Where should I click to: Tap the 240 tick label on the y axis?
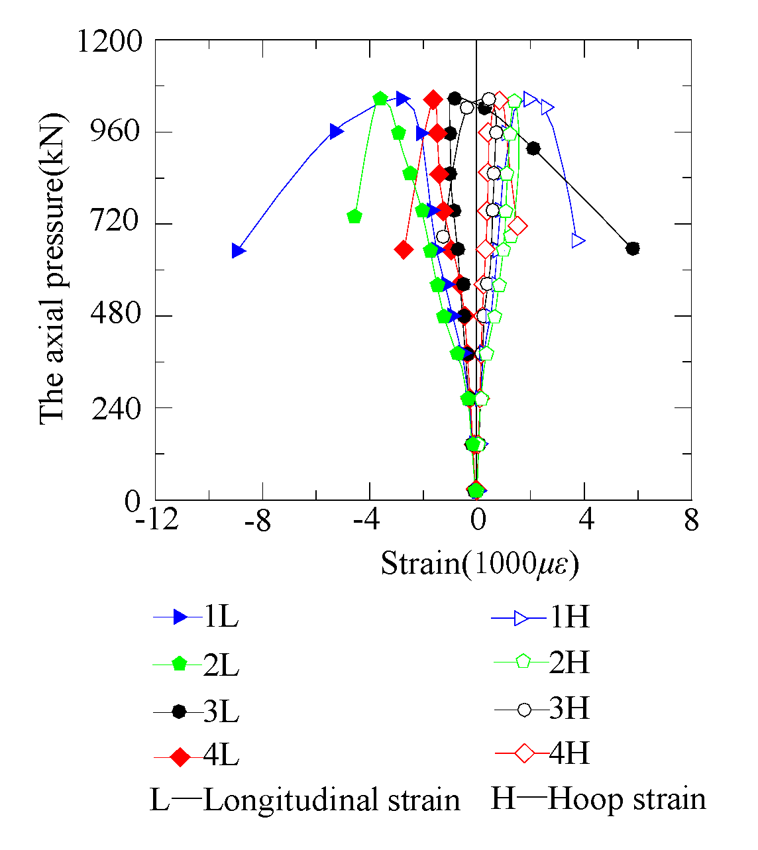click(116, 408)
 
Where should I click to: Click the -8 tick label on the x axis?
click(257, 521)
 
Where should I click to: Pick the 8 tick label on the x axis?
click(691, 521)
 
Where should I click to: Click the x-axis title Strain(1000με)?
click(480, 564)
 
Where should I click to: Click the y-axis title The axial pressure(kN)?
click(52, 270)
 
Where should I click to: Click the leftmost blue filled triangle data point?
click(239, 250)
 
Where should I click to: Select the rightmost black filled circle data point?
click(633, 248)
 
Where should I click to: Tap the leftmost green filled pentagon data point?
click(354, 216)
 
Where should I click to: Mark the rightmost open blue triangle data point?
click(578, 240)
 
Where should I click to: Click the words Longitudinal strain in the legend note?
click(331, 800)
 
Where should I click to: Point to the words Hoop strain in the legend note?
click(627, 799)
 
